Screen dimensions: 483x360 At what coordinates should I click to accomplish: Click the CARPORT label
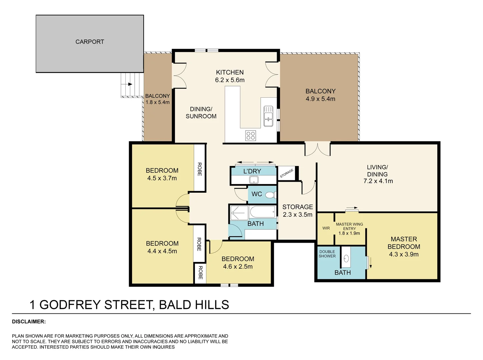pyautogui.click(x=90, y=42)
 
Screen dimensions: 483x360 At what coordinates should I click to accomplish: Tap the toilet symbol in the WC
pyautogui.click(x=270, y=195)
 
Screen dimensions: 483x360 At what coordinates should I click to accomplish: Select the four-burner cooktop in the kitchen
pyautogui.click(x=251, y=136)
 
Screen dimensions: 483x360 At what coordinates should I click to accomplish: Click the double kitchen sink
pyautogui.click(x=268, y=116)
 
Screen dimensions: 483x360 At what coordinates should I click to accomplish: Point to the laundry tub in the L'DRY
pyautogui.click(x=254, y=180)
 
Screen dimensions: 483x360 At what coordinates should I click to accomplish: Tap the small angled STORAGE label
pyautogui.click(x=286, y=173)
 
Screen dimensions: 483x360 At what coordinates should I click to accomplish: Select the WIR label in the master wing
pyautogui.click(x=326, y=228)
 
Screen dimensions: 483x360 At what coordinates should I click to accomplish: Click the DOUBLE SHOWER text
pyautogui.click(x=327, y=254)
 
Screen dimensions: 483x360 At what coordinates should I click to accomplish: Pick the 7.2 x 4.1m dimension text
pyautogui.click(x=378, y=181)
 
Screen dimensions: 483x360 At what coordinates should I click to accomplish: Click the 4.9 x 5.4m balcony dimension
pyautogui.click(x=320, y=99)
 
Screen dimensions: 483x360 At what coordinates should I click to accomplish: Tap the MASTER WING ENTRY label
pyautogui.click(x=349, y=226)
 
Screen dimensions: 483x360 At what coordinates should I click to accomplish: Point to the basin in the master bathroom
pyautogui.click(x=346, y=259)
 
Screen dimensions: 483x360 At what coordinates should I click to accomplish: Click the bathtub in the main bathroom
pyautogui.click(x=263, y=212)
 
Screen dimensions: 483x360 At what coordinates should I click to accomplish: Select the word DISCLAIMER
pyautogui.click(x=29, y=322)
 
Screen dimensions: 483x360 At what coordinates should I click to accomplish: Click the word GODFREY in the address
pyautogui.click(x=70, y=305)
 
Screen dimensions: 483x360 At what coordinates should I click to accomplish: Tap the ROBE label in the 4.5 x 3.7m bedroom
pyautogui.click(x=200, y=169)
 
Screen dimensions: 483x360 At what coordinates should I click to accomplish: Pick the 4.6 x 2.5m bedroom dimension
pyautogui.click(x=238, y=267)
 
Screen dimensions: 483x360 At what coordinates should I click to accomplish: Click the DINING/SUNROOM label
pyautogui.click(x=201, y=112)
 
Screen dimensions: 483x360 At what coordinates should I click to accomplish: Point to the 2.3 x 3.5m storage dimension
pyautogui.click(x=298, y=215)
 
